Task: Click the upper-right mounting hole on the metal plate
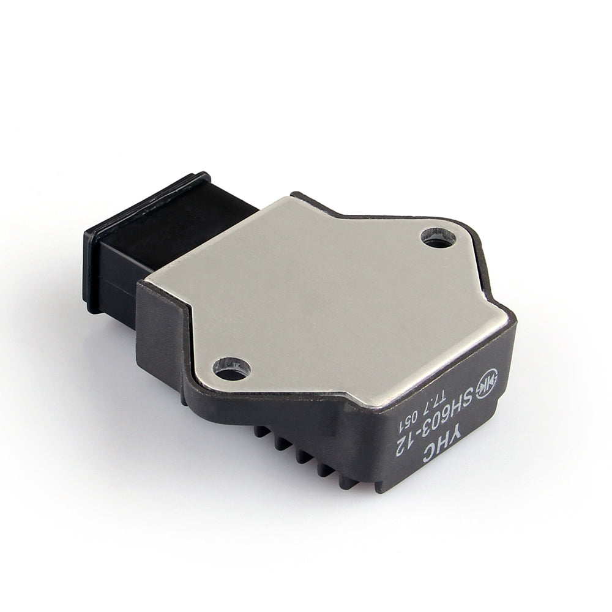(438, 237)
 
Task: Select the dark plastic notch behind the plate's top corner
(306, 199)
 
